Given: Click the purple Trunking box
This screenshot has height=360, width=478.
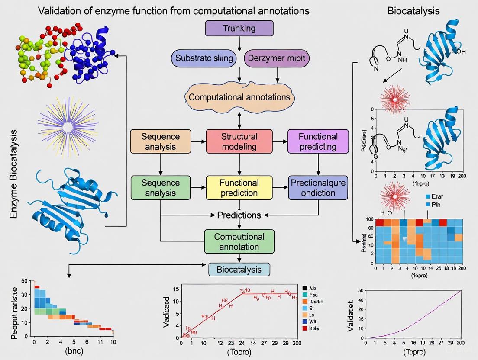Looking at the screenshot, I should coord(239,29).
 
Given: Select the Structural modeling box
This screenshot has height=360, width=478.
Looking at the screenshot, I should coord(239,141).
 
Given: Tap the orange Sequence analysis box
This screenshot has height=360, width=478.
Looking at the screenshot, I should coord(160,141).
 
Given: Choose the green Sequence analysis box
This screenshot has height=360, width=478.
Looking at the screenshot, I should coord(161,187).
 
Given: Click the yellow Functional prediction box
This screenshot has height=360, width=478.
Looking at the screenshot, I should coord(239,187).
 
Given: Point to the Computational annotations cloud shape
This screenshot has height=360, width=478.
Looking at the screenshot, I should coord(239,96).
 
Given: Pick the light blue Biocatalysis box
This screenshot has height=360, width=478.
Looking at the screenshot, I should coord(239,269).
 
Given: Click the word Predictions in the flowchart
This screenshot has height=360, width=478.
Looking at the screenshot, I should coord(239,215).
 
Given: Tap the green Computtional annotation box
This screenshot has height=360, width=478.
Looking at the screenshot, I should coord(239,241).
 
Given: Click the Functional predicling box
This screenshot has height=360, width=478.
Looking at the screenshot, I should coord(318,141).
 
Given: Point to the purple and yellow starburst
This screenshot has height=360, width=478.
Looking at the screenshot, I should coord(68,126).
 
